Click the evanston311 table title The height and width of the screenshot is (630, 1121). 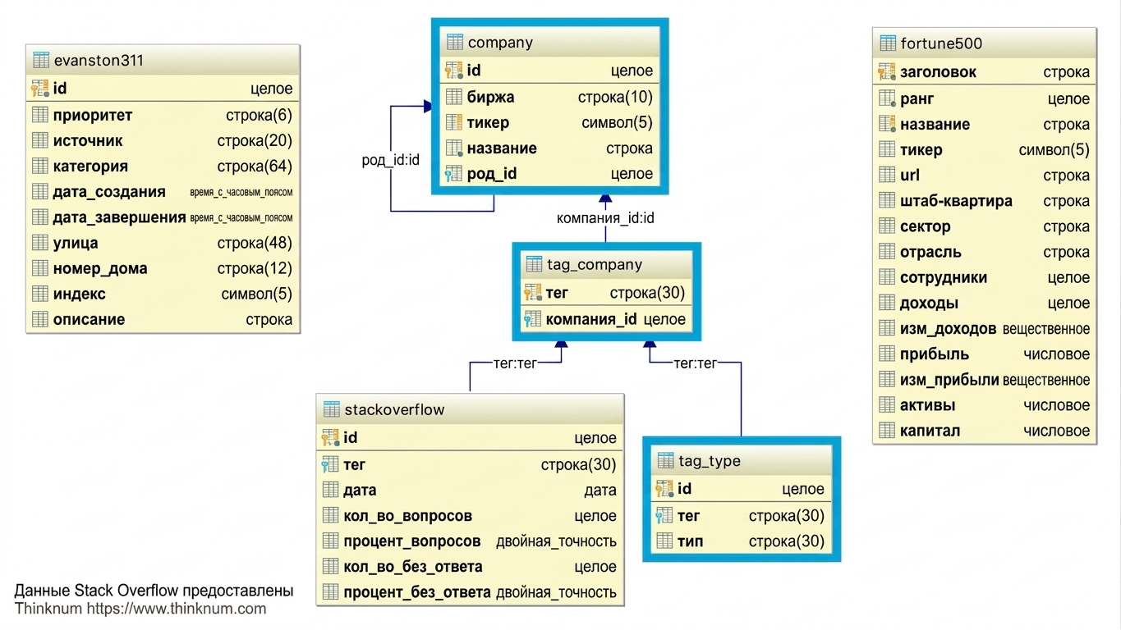[x=99, y=61]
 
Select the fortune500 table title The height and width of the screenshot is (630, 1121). [x=941, y=43]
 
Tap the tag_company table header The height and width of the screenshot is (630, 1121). [x=595, y=264]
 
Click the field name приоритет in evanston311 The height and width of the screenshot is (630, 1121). [x=93, y=116]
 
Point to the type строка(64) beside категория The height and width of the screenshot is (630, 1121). [x=255, y=166]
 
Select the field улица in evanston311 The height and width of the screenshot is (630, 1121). [x=76, y=243]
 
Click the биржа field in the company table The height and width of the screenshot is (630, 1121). [x=490, y=97]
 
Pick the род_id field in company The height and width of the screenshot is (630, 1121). [x=491, y=174]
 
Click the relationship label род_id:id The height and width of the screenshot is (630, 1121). [x=390, y=160]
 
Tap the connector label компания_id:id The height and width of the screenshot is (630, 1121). [x=605, y=218]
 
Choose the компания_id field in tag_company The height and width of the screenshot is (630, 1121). [x=591, y=319]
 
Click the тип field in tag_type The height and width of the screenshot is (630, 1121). [x=690, y=541]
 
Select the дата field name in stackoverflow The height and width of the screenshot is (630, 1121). [x=360, y=491]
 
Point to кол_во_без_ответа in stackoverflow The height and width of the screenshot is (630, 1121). [x=413, y=567]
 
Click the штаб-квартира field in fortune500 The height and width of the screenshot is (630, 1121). [x=956, y=201]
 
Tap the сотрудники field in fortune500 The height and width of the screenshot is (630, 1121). [x=944, y=277]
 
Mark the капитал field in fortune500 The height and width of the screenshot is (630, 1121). [x=930, y=431]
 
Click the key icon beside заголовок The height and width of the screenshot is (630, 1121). [x=887, y=72]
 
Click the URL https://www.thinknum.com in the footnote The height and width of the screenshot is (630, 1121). [x=176, y=609]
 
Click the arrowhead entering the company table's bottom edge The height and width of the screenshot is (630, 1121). [x=605, y=198]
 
